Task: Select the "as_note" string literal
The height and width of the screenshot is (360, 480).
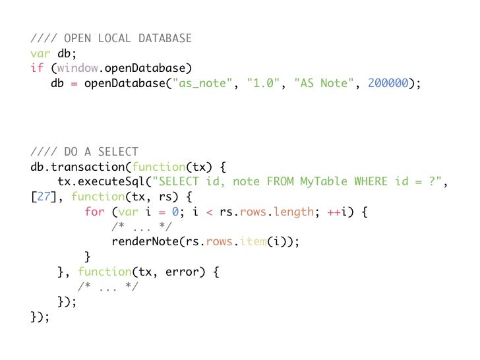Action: [x=201, y=84]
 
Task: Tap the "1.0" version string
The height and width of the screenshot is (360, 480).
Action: [x=262, y=84]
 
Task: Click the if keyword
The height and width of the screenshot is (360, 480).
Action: [x=37, y=69]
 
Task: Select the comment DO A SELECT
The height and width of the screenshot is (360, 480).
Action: [x=101, y=152]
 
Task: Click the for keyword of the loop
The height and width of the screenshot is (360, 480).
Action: [x=94, y=212]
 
